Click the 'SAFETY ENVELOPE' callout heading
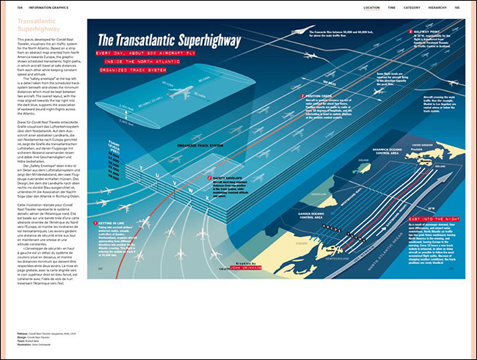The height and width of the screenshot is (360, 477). (x=225, y=178)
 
